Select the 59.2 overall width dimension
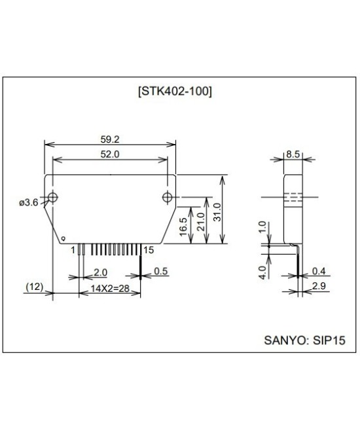tap(109, 139)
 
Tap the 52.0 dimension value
tap(109, 154)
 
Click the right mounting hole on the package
tap(168, 197)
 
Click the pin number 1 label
tap(73, 249)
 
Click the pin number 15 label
tap(149, 249)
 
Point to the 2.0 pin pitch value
tap(100, 272)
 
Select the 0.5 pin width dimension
tap(160, 272)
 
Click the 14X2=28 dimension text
tap(109, 288)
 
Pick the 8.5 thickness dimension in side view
tap(293, 155)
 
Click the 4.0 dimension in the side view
tap(262, 270)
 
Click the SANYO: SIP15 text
tap(302, 340)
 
